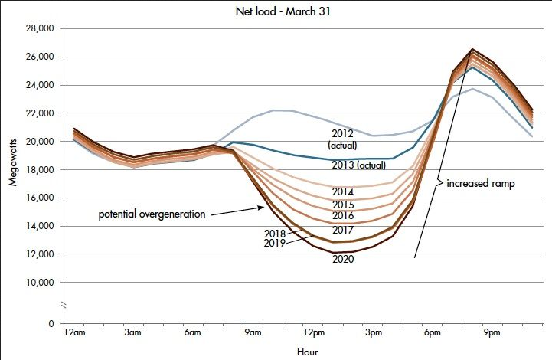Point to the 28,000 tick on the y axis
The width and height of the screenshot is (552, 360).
tap(38, 29)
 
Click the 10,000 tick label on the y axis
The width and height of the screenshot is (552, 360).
tap(38, 283)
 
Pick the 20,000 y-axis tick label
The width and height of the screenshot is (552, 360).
tap(38, 142)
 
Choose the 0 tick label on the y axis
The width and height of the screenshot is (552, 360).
tap(51, 324)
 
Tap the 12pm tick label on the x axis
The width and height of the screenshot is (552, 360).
tap(312, 333)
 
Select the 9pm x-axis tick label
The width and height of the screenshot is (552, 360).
tap(492, 333)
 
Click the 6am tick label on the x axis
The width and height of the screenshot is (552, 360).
tap(192, 333)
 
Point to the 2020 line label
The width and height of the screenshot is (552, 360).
tap(343, 259)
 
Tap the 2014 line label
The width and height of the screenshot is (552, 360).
tap(343, 191)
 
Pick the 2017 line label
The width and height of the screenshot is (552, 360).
tap(343, 230)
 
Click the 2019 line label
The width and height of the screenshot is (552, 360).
tap(274, 243)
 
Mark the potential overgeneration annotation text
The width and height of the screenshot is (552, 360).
tap(152, 214)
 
